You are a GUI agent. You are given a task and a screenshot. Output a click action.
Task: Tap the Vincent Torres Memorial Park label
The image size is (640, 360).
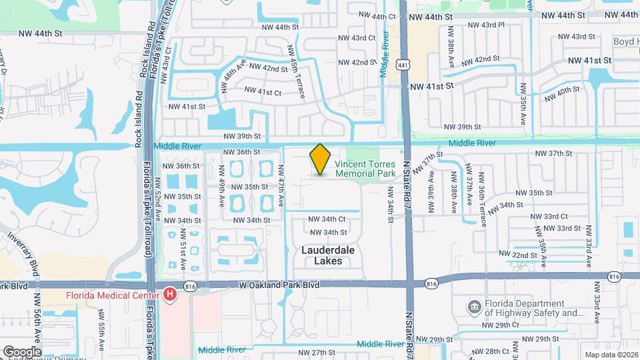365,168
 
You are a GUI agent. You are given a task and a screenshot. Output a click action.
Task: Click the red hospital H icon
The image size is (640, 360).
170,294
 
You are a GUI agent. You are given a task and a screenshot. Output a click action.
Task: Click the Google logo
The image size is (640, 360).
21,351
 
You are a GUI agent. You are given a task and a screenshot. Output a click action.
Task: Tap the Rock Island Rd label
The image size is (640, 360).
141,67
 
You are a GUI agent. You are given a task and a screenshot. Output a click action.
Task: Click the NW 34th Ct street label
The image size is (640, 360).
327,219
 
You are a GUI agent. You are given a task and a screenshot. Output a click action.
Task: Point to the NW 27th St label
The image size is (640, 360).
313,352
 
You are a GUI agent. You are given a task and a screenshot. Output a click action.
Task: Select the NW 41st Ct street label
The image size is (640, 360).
263,90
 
